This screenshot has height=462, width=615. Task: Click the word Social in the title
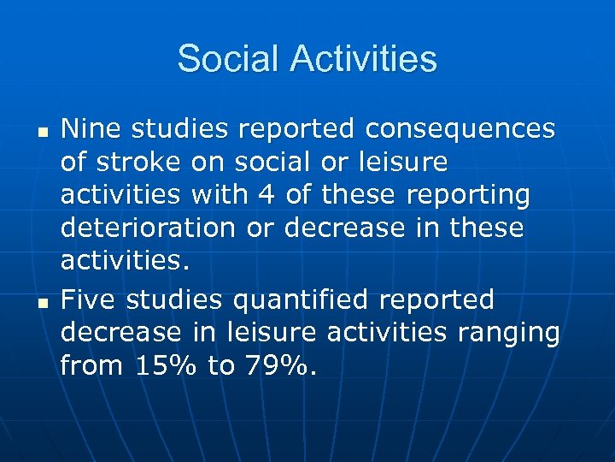coord(229,60)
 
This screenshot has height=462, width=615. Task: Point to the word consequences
coord(460,129)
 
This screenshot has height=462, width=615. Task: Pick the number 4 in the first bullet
coord(267,195)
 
